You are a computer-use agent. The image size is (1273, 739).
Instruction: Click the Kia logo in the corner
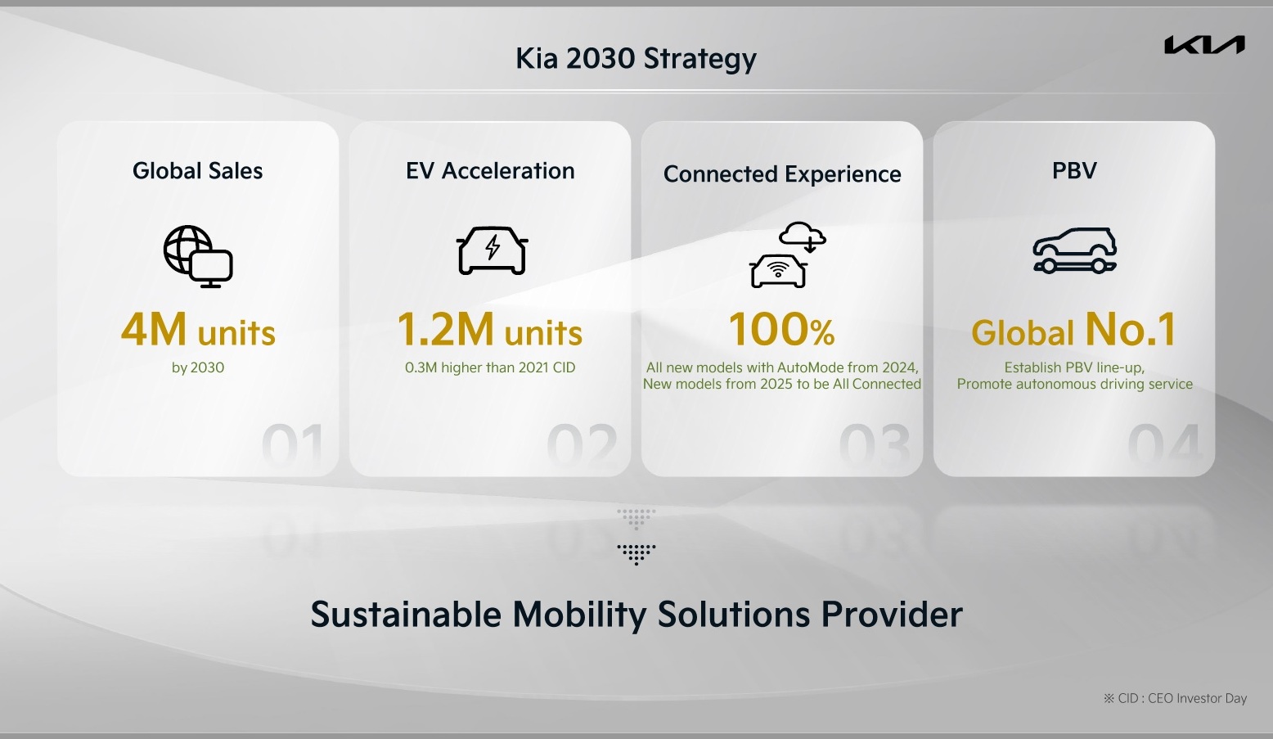(1204, 45)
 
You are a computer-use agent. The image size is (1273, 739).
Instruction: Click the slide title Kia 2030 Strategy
(636, 58)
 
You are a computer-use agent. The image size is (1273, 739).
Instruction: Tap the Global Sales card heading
(197, 170)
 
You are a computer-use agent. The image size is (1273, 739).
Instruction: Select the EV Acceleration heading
(490, 170)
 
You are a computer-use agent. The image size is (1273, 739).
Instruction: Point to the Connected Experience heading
(782, 173)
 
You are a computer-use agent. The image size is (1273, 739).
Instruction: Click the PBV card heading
(1074, 170)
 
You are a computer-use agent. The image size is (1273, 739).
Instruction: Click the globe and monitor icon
(198, 256)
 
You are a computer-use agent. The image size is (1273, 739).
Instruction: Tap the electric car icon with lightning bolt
(492, 250)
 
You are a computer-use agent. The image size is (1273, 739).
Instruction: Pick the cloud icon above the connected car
(803, 236)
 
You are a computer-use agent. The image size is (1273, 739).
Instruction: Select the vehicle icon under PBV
(1074, 250)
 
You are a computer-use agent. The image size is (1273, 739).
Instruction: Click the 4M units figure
(198, 330)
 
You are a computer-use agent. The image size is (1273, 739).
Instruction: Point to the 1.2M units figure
(490, 330)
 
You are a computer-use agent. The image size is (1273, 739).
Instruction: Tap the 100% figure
(782, 329)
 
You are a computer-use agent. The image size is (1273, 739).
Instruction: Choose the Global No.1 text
(1074, 330)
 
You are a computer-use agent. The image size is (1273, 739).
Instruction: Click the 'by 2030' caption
(198, 367)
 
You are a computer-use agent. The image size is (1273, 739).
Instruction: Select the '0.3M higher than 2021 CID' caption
(490, 367)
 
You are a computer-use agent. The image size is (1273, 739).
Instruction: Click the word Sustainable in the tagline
(405, 615)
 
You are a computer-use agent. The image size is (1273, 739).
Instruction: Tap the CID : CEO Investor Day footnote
(1175, 698)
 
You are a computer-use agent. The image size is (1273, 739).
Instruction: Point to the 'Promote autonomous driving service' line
(1074, 384)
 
